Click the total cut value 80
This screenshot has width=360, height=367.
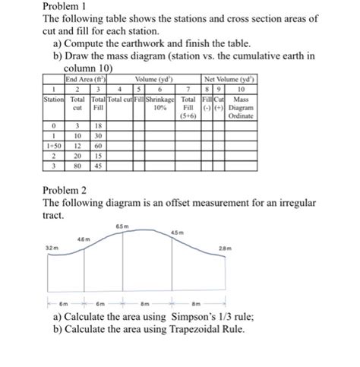tap(77, 165)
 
